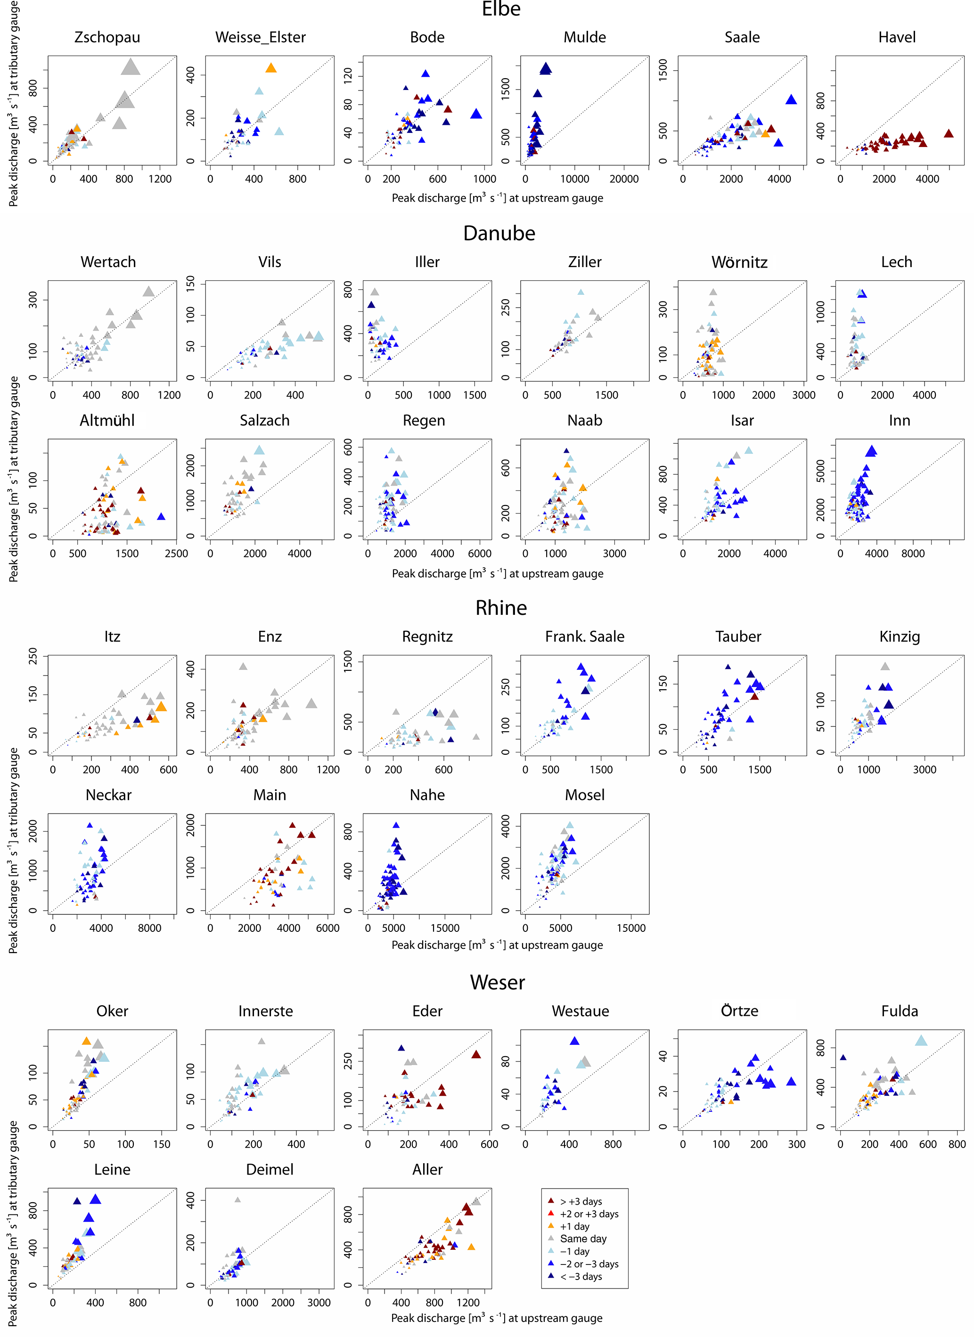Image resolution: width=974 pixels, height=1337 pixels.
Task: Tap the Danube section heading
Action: (x=499, y=234)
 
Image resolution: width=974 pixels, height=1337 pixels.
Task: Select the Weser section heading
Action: (x=497, y=982)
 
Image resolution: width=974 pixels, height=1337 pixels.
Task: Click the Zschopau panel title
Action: (x=107, y=37)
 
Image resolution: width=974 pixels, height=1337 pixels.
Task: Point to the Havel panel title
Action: (x=897, y=37)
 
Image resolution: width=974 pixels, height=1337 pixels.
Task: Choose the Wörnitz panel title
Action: (x=739, y=262)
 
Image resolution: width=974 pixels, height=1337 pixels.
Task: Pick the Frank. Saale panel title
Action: (x=584, y=636)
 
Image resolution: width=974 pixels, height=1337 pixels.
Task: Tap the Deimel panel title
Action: (x=270, y=1170)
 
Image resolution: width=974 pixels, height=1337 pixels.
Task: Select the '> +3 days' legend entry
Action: (x=580, y=1201)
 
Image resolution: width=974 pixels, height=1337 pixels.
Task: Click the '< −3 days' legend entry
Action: (x=580, y=1276)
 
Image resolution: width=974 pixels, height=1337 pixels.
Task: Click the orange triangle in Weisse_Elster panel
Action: (x=270, y=68)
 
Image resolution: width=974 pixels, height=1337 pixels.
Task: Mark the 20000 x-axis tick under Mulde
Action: (x=624, y=179)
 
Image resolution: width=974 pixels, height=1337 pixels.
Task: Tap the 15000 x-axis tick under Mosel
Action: (x=631, y=928)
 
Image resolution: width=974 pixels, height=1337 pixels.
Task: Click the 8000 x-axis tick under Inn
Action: (x=913, y=554)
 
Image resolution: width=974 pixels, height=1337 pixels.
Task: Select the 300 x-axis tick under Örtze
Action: (x=796, y=1144)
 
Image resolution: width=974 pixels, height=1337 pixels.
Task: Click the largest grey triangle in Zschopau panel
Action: (x=131, y=67)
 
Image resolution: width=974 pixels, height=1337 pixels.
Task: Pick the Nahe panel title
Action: (x=427, y=795)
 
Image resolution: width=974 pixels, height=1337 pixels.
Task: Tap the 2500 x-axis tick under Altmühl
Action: (x=176, y=554)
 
